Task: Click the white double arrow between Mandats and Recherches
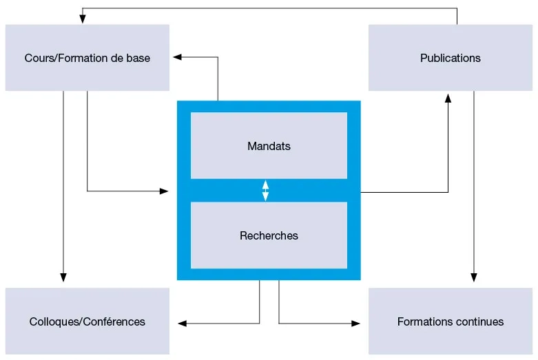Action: click(x=266, y=191)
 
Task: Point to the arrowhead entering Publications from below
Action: click(x=448, y=98)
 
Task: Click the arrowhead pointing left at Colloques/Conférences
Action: click(x=182, y=323)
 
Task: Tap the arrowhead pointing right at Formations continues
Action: click(x=356, y=323)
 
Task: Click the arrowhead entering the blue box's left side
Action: click(x=164, y=191)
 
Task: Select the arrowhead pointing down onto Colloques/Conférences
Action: click(x=63, y=277)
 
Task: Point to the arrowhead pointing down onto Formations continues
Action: click(x=474, y=277)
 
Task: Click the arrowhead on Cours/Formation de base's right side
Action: click(x=178, y=58)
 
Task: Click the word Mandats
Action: click(x=269, y=147)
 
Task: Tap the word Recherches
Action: click(x=269, y=236)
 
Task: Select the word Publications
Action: click(x=451, y=59)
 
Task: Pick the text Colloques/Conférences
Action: click(x=87, y=322)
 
